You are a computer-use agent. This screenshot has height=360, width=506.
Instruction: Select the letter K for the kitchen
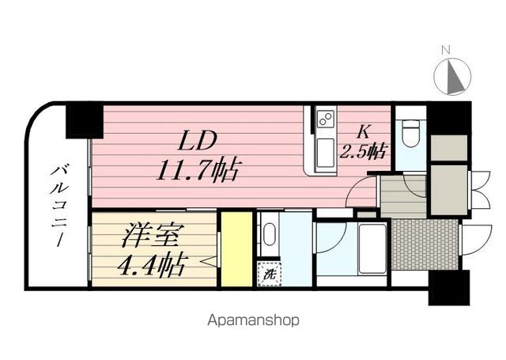(x=365, y=131)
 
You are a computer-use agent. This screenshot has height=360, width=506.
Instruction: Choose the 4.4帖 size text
(x=153, y=263)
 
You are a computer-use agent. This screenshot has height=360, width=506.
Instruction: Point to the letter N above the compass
(x=446, y=51)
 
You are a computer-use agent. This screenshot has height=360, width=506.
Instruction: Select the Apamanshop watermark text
(x=253, y=321)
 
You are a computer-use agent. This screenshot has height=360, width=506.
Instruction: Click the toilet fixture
(x=409, y=133)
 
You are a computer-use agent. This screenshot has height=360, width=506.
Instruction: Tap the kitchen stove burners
(x=325, y=119)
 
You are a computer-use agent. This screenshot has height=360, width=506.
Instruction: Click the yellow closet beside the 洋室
(x=236, y=249)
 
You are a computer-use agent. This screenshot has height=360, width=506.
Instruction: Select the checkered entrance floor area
(x=425, y=244)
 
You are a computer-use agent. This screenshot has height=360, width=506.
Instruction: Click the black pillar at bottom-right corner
(x=448, y=287)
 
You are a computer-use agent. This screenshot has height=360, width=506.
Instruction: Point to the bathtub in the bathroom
(x=370, y=248)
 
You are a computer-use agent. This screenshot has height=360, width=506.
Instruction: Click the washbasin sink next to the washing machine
(x=269, y=235)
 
